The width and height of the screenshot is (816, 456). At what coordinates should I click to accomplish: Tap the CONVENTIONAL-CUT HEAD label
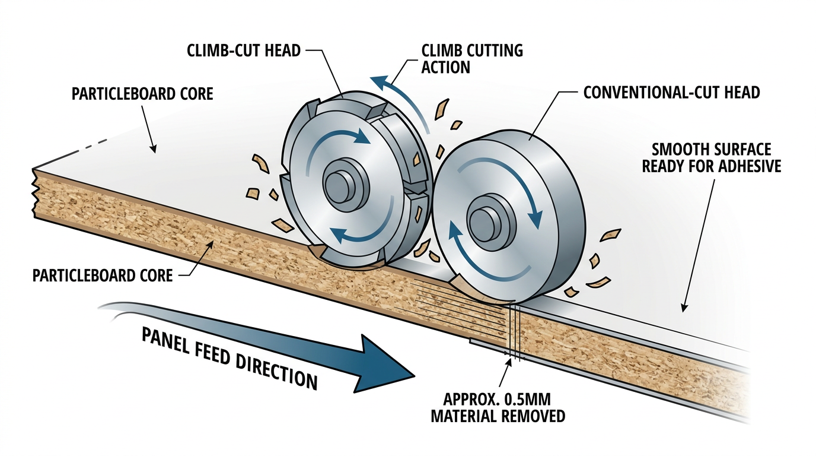[671, 93]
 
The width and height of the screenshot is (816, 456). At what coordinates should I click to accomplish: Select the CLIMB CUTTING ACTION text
[472, 58]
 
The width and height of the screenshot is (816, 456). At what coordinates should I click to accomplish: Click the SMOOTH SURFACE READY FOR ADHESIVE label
[712, 158]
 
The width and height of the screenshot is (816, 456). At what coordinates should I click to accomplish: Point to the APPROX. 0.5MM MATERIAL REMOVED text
[497, 407]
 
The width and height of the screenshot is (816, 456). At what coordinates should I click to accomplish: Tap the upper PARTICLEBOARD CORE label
[142, 94]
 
